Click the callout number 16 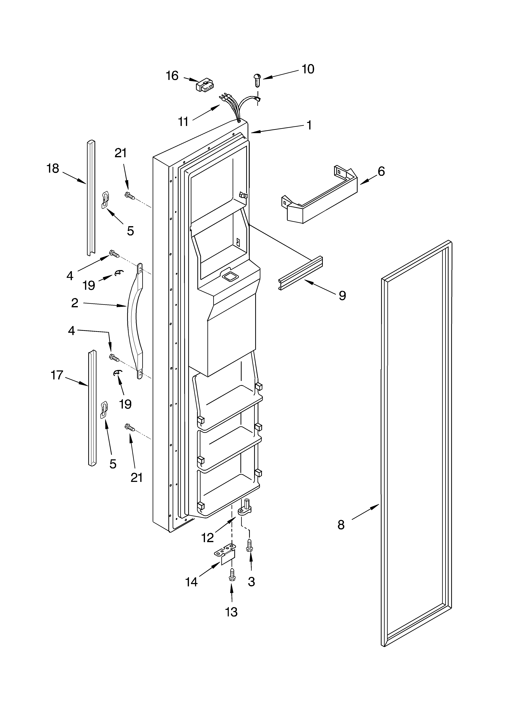(x=172, y=75)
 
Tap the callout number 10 (x=308, y=69)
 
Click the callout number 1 (x=309, y=125)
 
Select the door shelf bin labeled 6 (x=321, y=198)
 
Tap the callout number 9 (x=342, y=295)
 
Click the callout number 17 (x=57, y=375)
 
